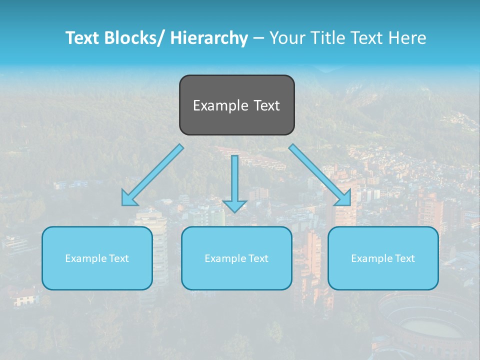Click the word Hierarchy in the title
[x=209, y=38]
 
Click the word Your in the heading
[x=286, y=38]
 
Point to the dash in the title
[x=258, y=38]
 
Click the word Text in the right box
[x=404, y=258]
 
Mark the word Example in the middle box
[x=225, y=258]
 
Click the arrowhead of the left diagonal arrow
[x=129, y=199]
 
